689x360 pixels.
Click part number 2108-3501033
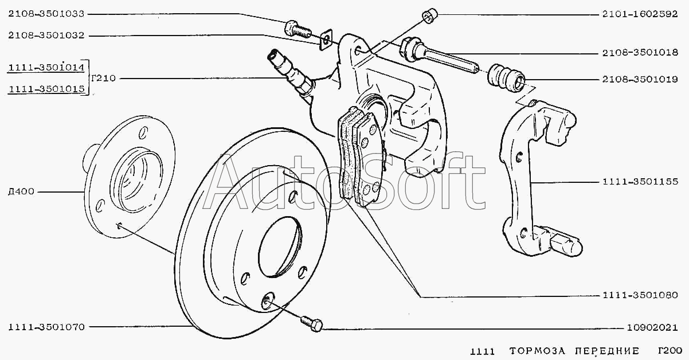coord(46,14)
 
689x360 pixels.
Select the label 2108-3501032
coord(46,36)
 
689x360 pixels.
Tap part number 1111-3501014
coord(46,67)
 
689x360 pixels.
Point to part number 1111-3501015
coord(46,89)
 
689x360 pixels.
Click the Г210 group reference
coord(103,78)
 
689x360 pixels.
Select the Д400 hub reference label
coord(21,191)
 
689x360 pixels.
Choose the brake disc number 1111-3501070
coord(46,327)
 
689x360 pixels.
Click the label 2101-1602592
coord(640,14)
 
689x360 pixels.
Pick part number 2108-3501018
coord(640,53)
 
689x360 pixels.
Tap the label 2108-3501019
coord(640,79)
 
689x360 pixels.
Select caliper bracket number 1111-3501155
coord(640,182)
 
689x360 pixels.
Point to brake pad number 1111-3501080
coord(640,295)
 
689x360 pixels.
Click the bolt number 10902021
coord(652,328)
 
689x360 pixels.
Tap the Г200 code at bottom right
coord(670,351)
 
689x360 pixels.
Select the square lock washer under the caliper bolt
coord(326,40)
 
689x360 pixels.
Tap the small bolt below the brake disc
coord(312,324)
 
